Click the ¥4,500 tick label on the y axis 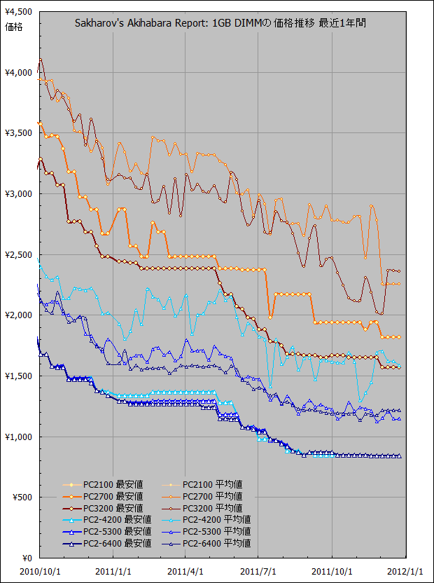tap(17, 12)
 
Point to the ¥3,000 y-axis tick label tap(17, 193)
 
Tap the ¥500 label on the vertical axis tap(21, 498)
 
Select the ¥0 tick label tap(27, 558)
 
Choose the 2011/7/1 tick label tap(258, 571)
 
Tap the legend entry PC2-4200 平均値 tap(217, 519)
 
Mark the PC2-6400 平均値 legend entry tap(217, 543)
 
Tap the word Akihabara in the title tap(151, 23)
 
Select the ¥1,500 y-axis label tap(17, 376)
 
